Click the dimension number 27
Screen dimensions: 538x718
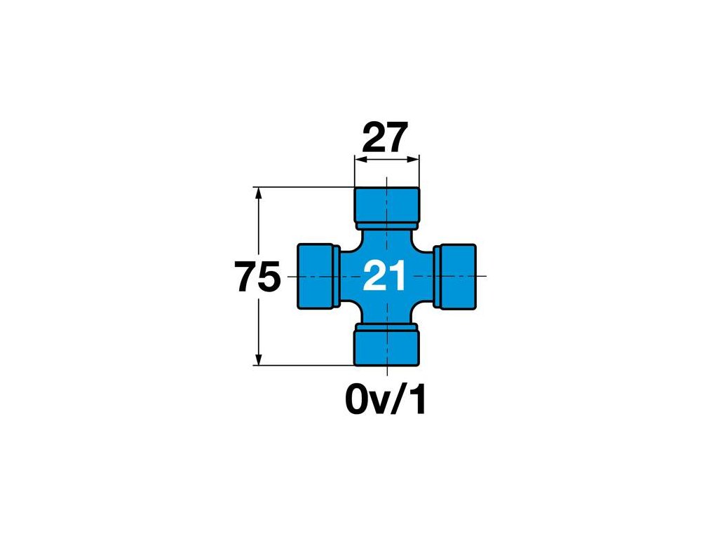(x=385, y=137)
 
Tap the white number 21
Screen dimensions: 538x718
(x=385, y=277)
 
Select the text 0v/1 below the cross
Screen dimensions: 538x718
(x=386, y=401)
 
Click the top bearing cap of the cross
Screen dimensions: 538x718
(x=386, y=205)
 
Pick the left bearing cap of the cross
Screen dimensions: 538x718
(x=316, y=275)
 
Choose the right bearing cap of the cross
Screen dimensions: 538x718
(x=456, y=275)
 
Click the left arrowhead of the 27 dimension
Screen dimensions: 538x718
(x=359, y=160)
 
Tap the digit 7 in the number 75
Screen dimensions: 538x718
(x=245, y=277)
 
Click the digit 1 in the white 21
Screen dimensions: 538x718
(x=398, y=277)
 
